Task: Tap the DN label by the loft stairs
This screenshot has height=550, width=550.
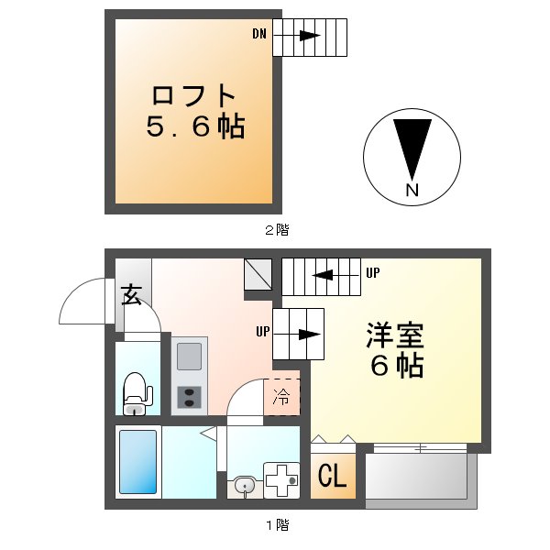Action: [260, 35]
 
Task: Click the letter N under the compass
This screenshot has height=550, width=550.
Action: [412, 191]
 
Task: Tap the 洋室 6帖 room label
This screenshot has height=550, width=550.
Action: [396, 349]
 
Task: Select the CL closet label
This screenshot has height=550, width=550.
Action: [332, 476]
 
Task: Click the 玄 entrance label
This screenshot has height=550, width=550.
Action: [132, 295]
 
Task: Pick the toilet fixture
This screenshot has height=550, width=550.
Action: [137, 392]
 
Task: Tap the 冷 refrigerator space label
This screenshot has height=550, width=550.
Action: [283, 397]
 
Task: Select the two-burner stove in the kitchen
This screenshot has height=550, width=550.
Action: [191, 396]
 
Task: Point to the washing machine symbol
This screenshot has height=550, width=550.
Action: [281, 479]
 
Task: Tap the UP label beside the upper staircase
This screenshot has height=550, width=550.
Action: [373, 273]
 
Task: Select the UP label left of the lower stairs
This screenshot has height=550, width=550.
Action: [262, 331]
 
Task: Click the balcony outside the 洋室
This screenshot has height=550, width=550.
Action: [420, 478]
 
